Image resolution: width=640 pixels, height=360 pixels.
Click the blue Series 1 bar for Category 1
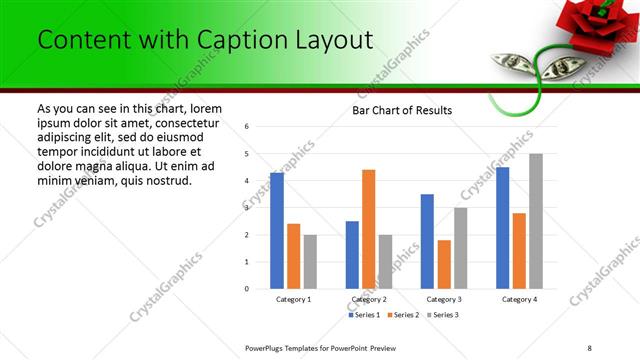277,231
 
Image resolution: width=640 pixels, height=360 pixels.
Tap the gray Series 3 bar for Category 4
536,221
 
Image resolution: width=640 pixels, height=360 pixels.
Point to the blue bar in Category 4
502,228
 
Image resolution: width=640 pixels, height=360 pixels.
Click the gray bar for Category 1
310,262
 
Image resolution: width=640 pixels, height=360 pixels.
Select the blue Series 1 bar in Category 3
427,241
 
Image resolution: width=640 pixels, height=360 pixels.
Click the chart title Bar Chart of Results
403,110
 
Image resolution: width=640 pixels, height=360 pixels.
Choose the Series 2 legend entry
403,315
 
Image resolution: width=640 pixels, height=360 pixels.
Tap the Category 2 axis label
368,299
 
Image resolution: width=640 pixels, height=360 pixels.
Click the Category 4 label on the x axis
519,299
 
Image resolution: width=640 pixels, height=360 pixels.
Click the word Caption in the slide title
246,40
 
